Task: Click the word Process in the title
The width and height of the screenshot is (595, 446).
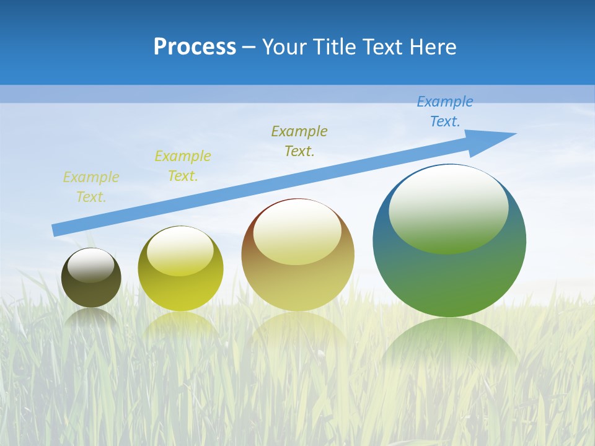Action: tap(195, 47)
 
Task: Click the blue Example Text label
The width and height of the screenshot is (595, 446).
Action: tap(444, 111)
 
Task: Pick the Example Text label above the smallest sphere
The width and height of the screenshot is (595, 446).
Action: tap(90, 187)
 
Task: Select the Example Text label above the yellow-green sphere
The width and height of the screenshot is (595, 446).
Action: tap(182, 166)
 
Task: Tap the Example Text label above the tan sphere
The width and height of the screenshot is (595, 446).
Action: tap(299, 141)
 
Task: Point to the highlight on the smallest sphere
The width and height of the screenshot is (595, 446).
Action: tap(91, 265)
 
